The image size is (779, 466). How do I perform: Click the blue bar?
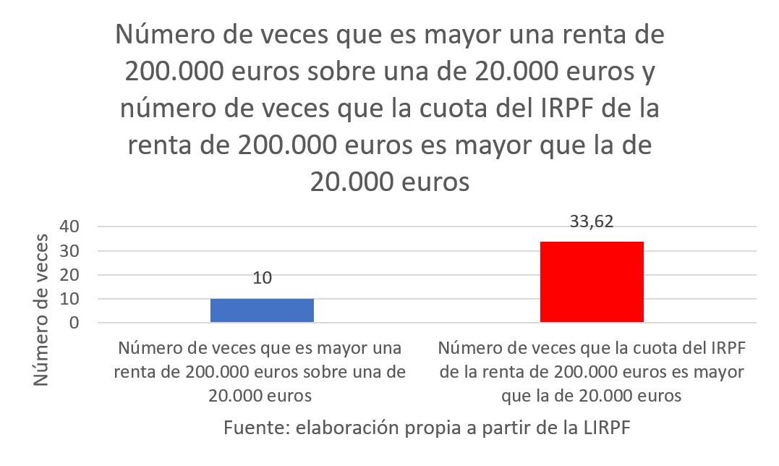[x=262, y=310]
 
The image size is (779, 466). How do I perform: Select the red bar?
[x=592, y=281]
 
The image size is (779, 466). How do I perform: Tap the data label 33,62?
[x=592, y=222]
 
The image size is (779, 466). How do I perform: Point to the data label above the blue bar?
[x=262, y=279]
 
